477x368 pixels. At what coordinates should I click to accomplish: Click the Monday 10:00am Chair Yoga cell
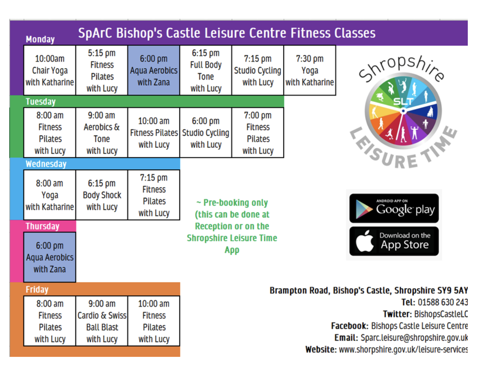(x=50, y=70)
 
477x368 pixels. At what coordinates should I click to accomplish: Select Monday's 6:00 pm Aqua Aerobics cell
(x=154, y=70)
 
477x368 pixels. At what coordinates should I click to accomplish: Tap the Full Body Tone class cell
(x=206, y=70)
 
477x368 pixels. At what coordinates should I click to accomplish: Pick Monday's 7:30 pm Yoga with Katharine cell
(x=310, y=70)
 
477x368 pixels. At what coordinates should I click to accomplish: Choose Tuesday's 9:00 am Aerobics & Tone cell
(x=102, y=132)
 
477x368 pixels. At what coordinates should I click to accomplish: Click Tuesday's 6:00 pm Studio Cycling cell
(x=206, y=132)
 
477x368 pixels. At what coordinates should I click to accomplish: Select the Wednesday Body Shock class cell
(x=102, y=195)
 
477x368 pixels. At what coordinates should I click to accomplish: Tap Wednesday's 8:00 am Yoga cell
(x=50, y=195)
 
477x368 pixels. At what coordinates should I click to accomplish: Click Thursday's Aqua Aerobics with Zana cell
(x=50, y=257)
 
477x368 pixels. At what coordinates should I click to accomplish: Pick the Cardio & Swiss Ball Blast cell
(x=102, y=321)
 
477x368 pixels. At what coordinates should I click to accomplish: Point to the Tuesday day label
(x=41, y=102)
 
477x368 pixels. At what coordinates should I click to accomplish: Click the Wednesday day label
(x=46, y=164)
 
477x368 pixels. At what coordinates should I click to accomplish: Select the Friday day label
(x=37, y=289)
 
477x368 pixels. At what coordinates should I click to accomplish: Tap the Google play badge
(x=394, y=208)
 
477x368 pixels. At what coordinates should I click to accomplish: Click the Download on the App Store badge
(x=394, y=241)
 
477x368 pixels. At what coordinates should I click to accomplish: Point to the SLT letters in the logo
(x=404, y=101)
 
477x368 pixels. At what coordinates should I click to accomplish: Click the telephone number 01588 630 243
(x=443, y=302)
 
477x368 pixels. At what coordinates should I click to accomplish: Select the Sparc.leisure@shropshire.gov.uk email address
(x=414, y=338)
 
